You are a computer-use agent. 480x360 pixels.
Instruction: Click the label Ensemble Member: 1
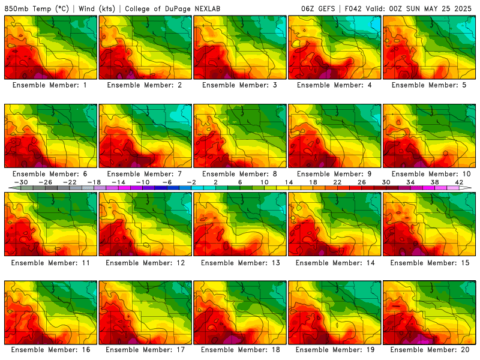pyautogui.click(x=50, y=85)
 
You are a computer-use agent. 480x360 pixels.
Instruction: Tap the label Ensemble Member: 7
pyautogui.click(x=145, y=174)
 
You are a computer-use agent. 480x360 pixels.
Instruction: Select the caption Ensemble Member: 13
pyautogui.click(x=241, y=263)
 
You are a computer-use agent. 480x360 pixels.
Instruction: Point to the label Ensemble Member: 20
pyautogui.click(x=430, y=350)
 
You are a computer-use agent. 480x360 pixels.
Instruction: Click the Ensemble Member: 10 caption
pyautogui.click(x=431, y=174)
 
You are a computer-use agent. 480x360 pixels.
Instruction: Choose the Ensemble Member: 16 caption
pyautogui.click(x=51, y=350)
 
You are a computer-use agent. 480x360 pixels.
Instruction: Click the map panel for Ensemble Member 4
pyautogui.click(x=335, y=47)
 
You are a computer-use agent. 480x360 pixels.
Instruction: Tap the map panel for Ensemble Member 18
pyautogui.click(x=240, y=313)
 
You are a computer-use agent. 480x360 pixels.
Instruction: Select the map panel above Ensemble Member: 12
pyautogui.click(x=145, y=224)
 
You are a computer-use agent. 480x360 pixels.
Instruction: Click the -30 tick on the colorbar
pyautogui.click(x=21, y=182)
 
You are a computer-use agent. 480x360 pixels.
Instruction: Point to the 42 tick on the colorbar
pyautogui.click(x=459, y=182)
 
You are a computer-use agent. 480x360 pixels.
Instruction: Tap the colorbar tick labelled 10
pyautogui.click(x=265, y=182)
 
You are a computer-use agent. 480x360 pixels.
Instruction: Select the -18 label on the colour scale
pyautogui.click(x=94, y=182)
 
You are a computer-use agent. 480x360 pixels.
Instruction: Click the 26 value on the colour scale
pyautogui.click(x=362, y=182)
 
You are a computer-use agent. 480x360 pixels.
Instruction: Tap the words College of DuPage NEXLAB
pyautogui.click(x=173, y=8)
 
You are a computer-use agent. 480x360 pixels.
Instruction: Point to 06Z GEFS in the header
pyautogui.click(x=318, y=8)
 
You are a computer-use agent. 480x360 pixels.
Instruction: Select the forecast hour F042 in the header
pyautogui.click(x=353, y=8)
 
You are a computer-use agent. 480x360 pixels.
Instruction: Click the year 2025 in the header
pyautogui.click(x=463, y=8)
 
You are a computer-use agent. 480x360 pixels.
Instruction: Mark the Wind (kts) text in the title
pyautogui.click(x=97, y=8)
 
